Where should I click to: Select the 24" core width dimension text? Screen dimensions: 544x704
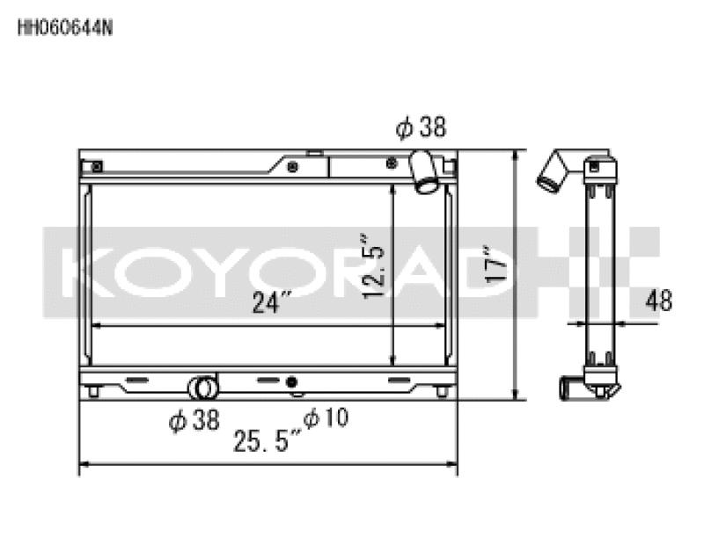click(272, 304)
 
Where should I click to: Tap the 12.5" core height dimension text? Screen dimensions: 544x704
click(375, 265)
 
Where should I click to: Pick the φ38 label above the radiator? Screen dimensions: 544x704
click(421, 128)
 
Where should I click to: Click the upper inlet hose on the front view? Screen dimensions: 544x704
click(426, 171)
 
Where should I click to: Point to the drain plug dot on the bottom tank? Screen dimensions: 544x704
click(291, 382)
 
